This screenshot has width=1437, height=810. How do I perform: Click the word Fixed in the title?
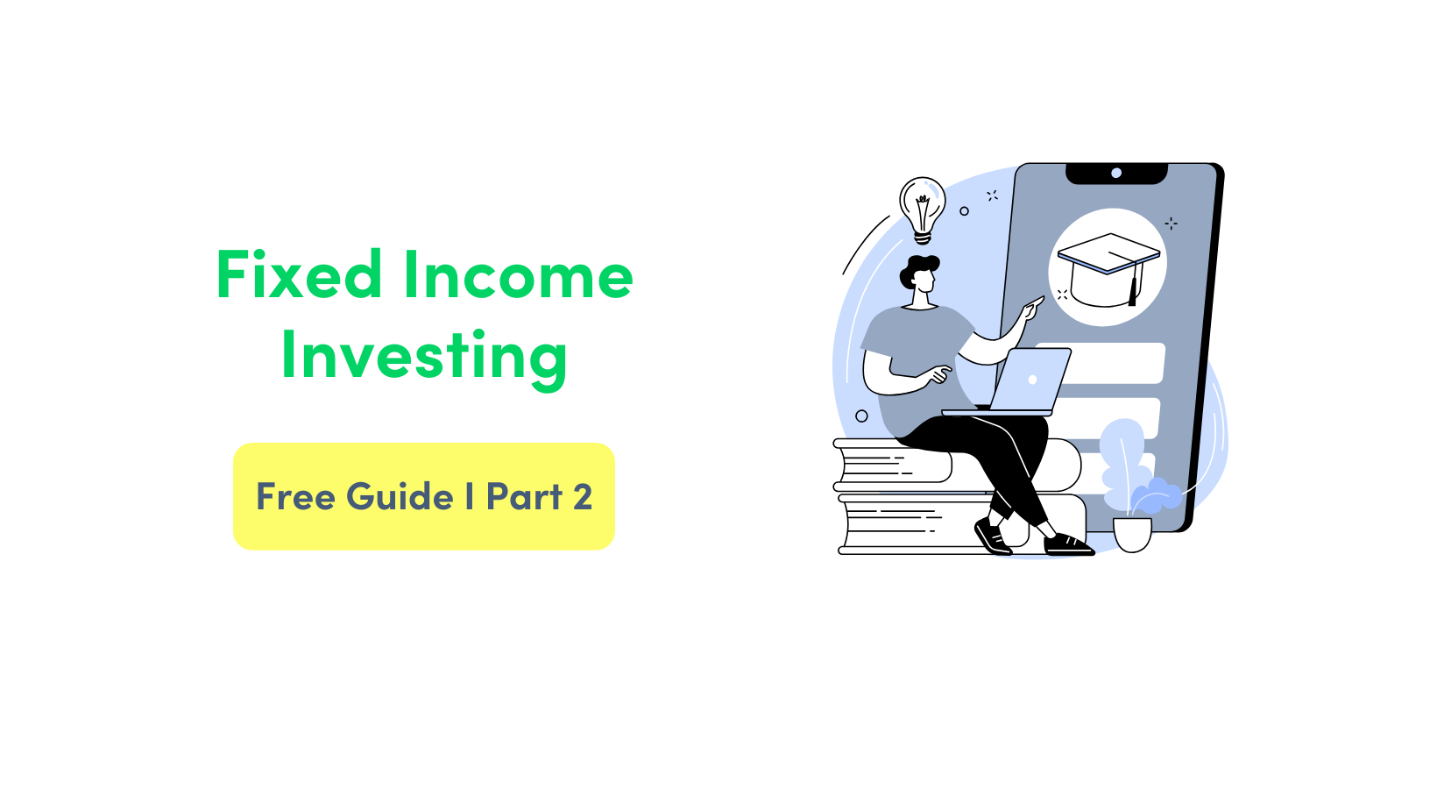click(299, 275)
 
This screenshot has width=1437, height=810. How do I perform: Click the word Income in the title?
click(518, 275)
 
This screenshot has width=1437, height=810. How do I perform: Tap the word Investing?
click(424, 356)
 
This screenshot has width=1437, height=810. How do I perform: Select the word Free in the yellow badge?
click(295, 497)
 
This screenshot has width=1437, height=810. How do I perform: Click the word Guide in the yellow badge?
click(400, 497)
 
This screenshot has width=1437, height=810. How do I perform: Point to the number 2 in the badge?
click(583, 497)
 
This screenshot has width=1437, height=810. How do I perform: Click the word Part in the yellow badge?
click(524, 497)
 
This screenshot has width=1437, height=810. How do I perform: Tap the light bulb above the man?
click(922, 207)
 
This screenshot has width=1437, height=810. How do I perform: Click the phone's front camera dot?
click(1116, 173)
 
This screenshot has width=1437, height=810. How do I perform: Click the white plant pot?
click(1132, 535)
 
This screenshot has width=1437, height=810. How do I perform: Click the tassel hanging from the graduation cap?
click(1133, 289)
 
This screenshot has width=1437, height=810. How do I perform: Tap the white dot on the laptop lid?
click(1032, 380)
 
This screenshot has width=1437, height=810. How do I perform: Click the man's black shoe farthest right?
click(1069, 545)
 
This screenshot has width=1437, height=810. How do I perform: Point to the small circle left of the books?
click(861, 416)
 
